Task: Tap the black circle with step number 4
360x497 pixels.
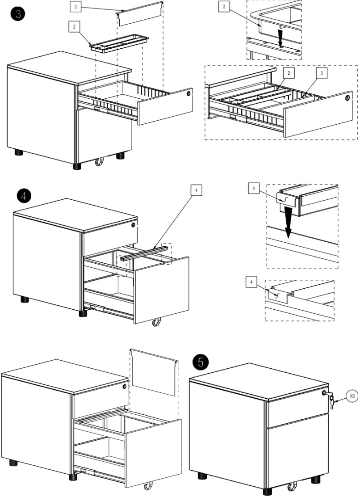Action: point(24,196)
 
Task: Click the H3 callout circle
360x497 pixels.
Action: point(352,396)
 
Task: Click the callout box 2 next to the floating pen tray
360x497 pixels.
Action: point(74,27)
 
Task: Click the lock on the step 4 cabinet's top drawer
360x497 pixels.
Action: point(133,226)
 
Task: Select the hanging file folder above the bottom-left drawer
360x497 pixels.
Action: point(154,372)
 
